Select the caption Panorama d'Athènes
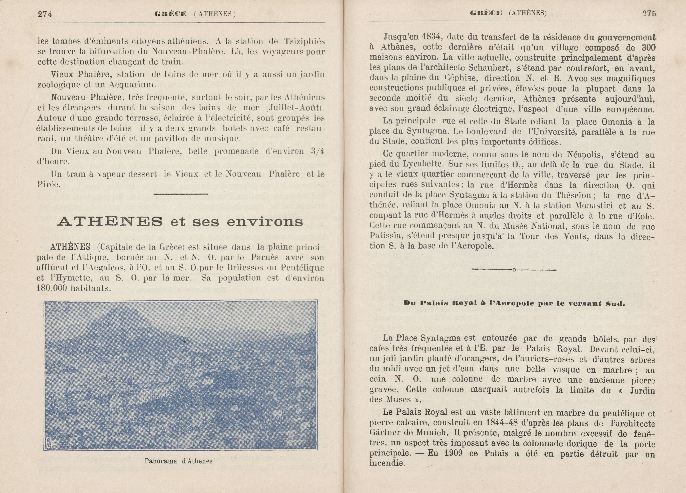click(x=178, y=461)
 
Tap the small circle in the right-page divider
click(x=514, y=270)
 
